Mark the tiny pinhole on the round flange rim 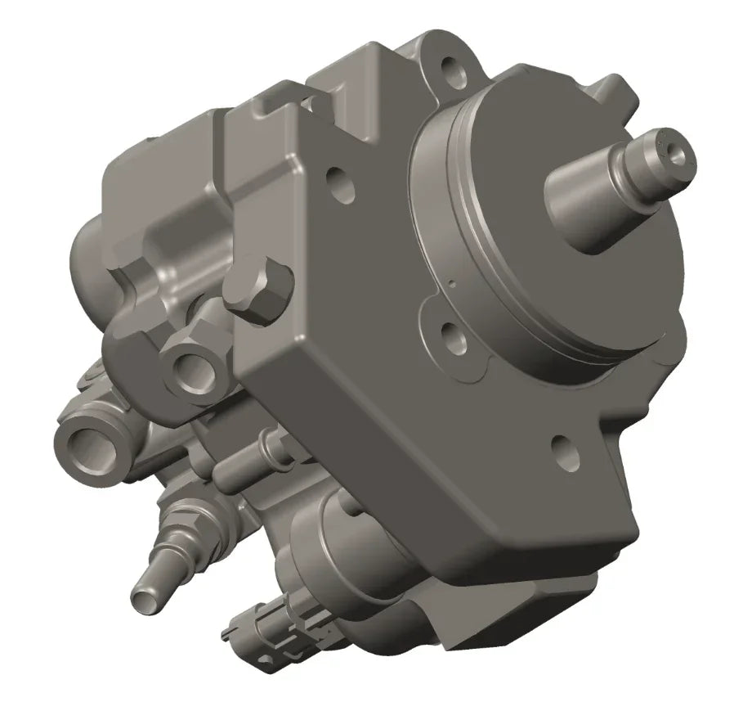(451, 286)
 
